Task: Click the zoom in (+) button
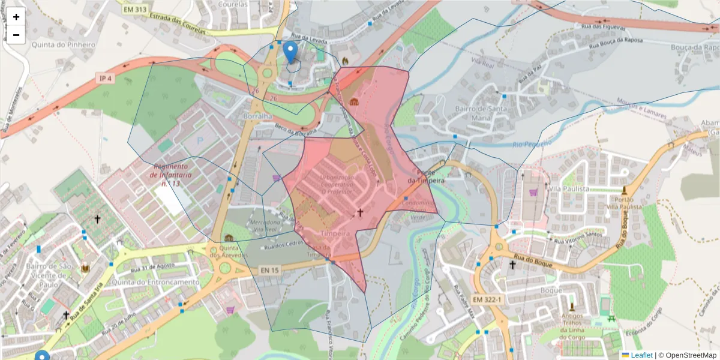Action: [x=16, y=17]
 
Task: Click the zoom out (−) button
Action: [x=16, y=35]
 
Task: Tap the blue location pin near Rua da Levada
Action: [x=290, y=52]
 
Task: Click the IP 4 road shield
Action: [x=106, y=79]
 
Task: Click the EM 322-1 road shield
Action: [x=485, y=299]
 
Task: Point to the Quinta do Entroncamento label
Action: [x=155, y=282]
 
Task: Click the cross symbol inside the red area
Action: [x=360, y=212]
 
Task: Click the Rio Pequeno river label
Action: [x=532, y=143]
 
